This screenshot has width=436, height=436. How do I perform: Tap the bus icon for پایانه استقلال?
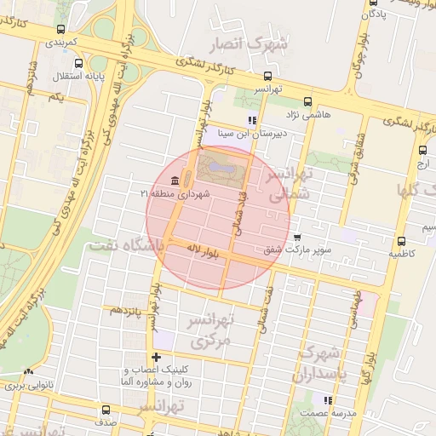pos(79,63)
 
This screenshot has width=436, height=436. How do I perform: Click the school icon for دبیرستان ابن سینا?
pos(250,120)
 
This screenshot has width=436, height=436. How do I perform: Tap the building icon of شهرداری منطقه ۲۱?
pos(175,181)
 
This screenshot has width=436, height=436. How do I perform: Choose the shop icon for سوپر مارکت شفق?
pos(296,238)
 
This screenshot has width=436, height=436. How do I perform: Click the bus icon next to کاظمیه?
pos(401,241)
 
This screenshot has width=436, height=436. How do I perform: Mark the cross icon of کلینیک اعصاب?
pos(155,358)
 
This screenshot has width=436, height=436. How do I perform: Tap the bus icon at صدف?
pos(106,410)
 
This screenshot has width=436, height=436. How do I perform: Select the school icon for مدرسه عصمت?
pos(326,399)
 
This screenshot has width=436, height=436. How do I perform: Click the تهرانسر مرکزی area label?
pos(207,330)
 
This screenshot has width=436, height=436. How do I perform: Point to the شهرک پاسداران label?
pos(318,364)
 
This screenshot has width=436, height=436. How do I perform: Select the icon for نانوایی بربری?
pos(29,372)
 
